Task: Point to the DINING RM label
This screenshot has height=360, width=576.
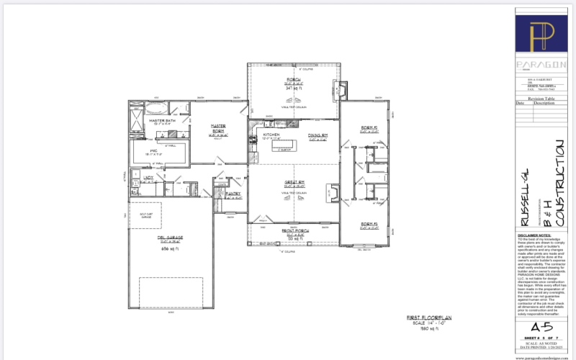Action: point(317,135)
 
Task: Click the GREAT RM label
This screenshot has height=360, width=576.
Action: point(293,183)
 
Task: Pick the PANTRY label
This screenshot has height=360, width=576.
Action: point(233,193)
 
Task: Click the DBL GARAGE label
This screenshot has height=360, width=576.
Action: point(152,237)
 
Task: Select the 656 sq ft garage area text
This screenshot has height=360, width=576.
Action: point(152,247)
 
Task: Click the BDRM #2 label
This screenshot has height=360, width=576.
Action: point(368,129)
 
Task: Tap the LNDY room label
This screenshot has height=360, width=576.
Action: point(148,177)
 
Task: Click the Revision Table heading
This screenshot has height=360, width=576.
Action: point(540,98)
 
